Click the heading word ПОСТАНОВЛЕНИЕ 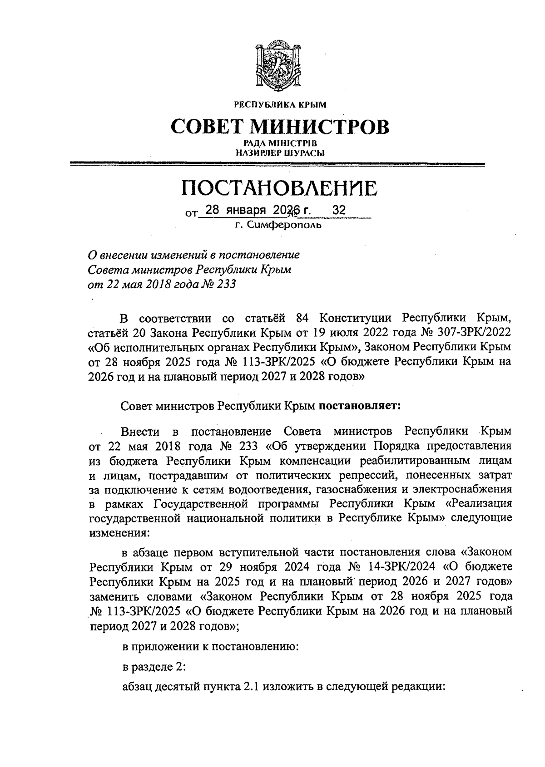(279, 188)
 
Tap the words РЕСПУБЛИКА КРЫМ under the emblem (280, 105)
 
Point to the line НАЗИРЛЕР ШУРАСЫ (280, 153)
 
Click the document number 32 (339, 210)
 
